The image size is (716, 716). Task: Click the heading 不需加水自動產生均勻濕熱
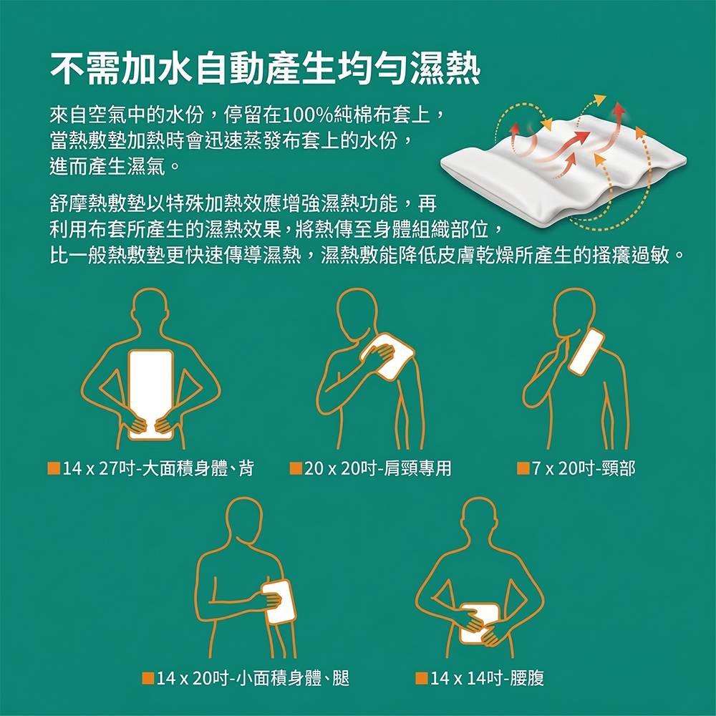click(265, 69)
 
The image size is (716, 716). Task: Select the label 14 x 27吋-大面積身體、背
click(150, 468)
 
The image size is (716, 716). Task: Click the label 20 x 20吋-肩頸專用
click(371, 468)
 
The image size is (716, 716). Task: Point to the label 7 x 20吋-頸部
click(576, 468)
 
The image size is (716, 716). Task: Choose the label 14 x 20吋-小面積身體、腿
click(246, 678)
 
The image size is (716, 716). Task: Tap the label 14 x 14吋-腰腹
click(480, 678)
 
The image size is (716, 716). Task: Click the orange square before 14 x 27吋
click(54, 468)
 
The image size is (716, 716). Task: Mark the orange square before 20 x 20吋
click(296, 468)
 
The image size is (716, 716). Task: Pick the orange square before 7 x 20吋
click(523, 468)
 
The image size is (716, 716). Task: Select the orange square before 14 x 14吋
click(422, 678)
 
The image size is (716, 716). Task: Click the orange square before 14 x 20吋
click(148, 678)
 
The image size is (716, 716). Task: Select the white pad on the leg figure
click(279, 602)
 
